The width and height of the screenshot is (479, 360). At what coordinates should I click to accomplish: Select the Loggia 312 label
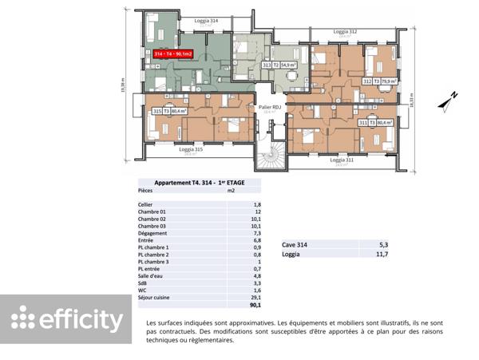point(345,33)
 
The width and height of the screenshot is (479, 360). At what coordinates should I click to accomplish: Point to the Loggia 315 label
point(190,149)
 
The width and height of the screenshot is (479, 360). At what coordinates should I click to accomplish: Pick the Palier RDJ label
point(269,107)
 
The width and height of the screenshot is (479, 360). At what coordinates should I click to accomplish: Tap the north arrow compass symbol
point(447,101)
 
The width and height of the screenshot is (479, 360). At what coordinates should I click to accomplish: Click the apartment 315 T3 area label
point(169,112)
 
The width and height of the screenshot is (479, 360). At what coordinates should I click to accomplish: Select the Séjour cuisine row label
point(155,297)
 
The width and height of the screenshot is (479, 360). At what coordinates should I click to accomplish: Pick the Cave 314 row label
point(295,245)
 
